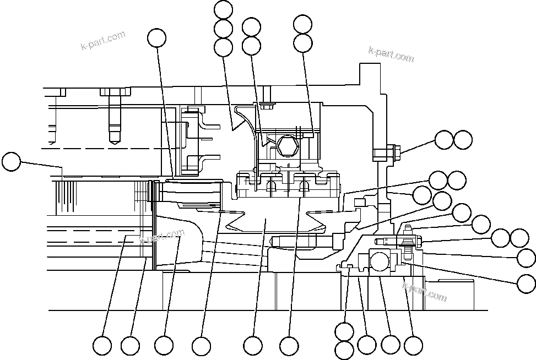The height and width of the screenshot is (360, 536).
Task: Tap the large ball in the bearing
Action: point(379,260)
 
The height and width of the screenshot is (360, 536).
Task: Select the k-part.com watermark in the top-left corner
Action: point(103,41)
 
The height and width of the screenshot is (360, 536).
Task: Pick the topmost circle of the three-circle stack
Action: point(223,10)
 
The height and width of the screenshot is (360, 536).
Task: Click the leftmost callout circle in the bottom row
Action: point(102,346)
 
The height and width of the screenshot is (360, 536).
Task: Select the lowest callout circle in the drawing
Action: point(344,350)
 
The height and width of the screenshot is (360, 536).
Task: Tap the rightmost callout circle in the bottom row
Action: point(413,345)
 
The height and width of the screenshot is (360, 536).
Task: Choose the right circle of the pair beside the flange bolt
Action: point(463,140)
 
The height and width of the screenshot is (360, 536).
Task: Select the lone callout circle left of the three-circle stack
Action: point(157,37)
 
